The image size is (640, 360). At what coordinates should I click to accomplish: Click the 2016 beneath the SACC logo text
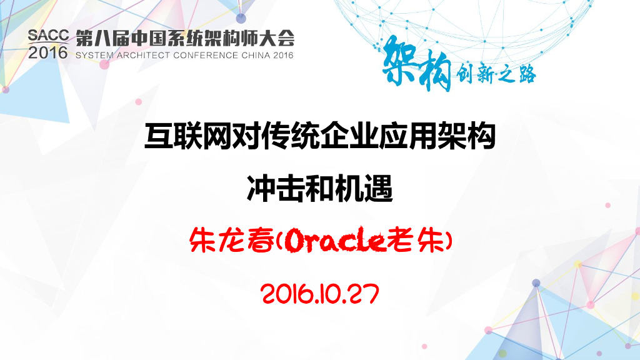[x=47, y=53]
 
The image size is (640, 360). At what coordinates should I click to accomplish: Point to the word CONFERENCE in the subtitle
[x=202, y=55]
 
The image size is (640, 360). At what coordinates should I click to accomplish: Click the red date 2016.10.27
[x=319, y=292]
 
